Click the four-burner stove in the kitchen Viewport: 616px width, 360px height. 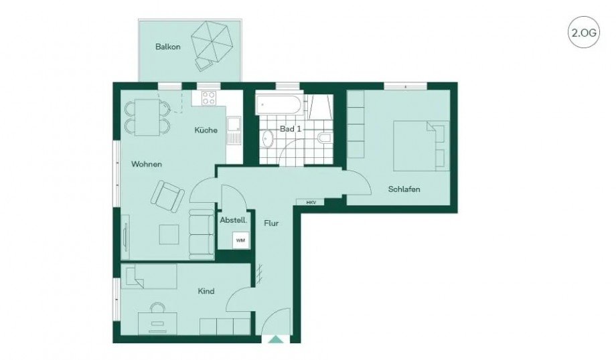(208, 98)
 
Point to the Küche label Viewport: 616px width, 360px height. (206, 130)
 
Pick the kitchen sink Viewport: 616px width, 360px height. (232, 124)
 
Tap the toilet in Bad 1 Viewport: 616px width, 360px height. (323, 138)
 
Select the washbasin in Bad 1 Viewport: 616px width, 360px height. (267, 139)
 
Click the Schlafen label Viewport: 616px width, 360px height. (404, 189)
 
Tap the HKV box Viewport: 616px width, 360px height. (311, 201)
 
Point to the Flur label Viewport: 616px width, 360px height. (271, 223)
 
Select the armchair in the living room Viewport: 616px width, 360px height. (167, 195)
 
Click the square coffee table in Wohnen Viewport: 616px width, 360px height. (169, 234)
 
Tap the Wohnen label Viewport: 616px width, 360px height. (147, 164)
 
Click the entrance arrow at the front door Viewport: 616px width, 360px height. (275, 339)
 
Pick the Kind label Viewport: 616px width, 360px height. (206, 292)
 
